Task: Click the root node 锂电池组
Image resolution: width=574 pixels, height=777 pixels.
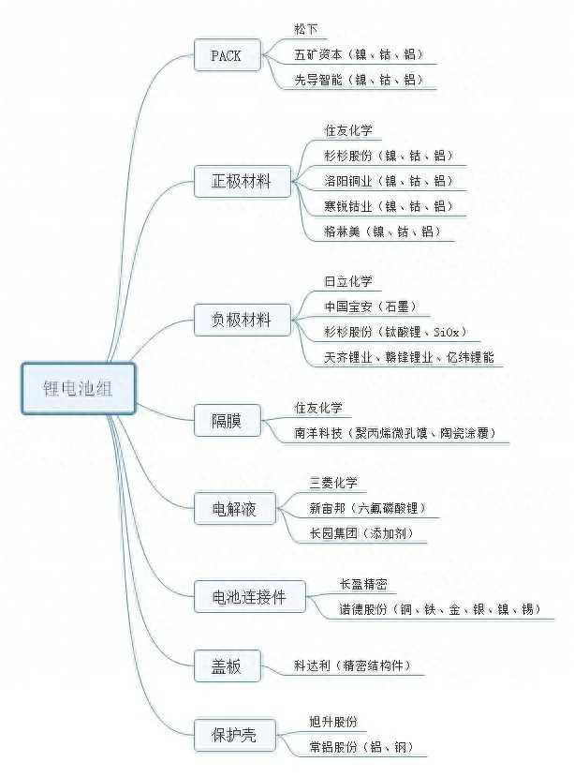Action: point(79,388)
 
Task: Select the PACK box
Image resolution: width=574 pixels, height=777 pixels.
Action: point(228,55)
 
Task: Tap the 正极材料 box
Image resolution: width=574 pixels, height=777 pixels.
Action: point(243,182)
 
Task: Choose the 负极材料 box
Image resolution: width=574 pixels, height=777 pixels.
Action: point(243,320)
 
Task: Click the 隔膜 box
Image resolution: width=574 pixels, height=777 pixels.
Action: point(228,420)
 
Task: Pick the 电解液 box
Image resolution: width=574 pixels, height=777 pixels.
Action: point(235,508)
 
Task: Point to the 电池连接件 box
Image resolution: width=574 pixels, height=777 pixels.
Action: point(250,597)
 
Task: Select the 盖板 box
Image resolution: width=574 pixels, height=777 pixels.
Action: point(228,665)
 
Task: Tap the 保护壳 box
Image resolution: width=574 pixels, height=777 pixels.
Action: point(235,735)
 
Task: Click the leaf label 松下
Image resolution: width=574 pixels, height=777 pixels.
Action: point(306,29)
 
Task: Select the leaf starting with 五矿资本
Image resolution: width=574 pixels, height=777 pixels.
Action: point(359,54)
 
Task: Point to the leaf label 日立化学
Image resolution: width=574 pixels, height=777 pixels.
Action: point(348,281)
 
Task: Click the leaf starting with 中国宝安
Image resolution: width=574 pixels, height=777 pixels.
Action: point(371,306)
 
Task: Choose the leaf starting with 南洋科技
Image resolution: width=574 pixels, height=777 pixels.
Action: point(395,433)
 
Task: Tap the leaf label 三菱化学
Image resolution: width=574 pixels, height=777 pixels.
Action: point(333,483)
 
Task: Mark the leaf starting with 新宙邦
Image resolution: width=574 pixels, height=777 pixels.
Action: point(368,508)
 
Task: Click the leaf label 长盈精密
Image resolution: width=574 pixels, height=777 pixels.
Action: point(363,584)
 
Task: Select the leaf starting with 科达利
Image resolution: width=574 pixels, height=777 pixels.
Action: point(353,665)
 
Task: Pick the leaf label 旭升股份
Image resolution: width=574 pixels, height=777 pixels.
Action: point(333,722)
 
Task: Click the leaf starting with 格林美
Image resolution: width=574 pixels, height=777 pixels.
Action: point(382,232)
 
